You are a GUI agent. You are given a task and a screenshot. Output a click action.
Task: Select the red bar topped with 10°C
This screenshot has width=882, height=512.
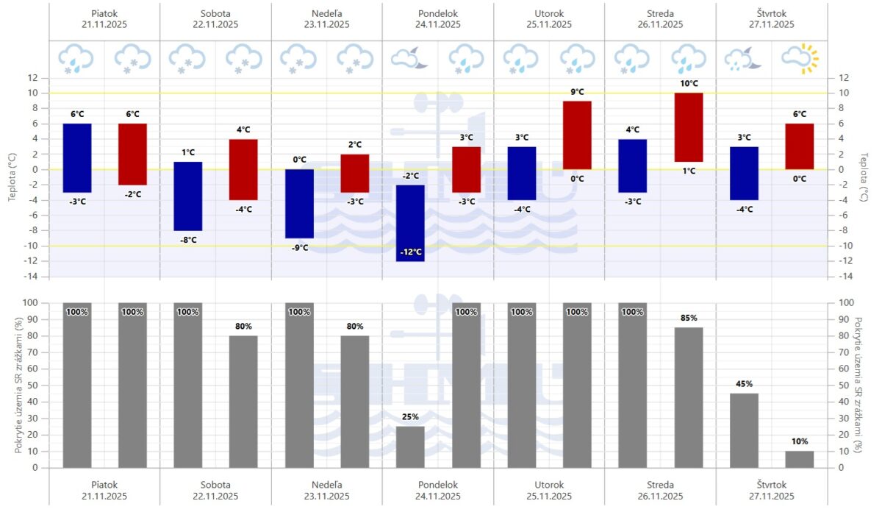click(x=689, y=127)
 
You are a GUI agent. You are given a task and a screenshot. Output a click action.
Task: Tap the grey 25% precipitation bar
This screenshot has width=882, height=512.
click(x=411, y=447)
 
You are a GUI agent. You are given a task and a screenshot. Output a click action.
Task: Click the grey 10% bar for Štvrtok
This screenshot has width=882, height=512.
click(x=800, y=459)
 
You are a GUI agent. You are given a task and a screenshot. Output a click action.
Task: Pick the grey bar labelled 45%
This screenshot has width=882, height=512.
click(x=744, y=430)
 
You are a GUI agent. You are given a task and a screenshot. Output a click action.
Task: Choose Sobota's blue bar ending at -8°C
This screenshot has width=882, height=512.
click(x=188, y=196)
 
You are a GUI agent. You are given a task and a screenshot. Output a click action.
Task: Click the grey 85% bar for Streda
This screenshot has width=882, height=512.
click(x=689, y=397)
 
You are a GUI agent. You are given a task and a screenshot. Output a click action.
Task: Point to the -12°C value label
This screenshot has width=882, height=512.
click(x=411, y=252)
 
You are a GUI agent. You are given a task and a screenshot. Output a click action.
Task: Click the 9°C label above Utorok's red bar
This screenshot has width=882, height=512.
click(x=578, y=92)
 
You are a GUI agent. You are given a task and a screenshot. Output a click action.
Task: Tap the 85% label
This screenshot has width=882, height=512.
click(x=689, y=319)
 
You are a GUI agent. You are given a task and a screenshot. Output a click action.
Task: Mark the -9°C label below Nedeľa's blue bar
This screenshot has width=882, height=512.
click(x=299, y=248)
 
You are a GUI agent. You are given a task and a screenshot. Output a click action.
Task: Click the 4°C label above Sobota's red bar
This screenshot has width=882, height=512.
click(x=244, y=130)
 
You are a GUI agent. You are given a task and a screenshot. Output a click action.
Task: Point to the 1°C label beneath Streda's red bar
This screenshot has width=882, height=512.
click(x=689, y=171)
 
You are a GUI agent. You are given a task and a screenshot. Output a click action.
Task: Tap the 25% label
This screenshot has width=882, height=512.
click(x=411, y=417)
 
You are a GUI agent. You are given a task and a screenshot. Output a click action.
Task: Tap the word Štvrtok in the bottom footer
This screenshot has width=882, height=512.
click(x=771, y=485)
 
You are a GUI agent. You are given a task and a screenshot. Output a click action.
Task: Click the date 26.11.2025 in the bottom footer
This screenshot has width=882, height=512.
click(x=659, y=497)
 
